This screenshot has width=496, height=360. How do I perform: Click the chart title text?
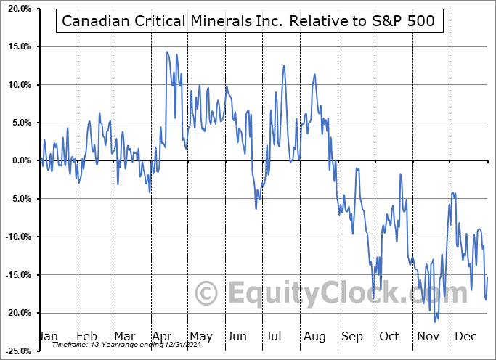click(249, 20)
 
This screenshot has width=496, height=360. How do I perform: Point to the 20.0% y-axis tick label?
click(17, 9)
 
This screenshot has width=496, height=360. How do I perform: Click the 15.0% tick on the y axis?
click(17, 46)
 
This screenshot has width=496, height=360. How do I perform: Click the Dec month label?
click(465, 336)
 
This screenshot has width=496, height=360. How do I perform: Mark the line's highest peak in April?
click(167, 52)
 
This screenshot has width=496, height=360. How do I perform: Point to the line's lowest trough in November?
click(435, 322)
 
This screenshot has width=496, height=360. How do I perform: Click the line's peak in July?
click(284, 66)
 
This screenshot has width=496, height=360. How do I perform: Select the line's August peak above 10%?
click(314, 74)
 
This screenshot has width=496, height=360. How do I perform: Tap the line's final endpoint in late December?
click(487, 277)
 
